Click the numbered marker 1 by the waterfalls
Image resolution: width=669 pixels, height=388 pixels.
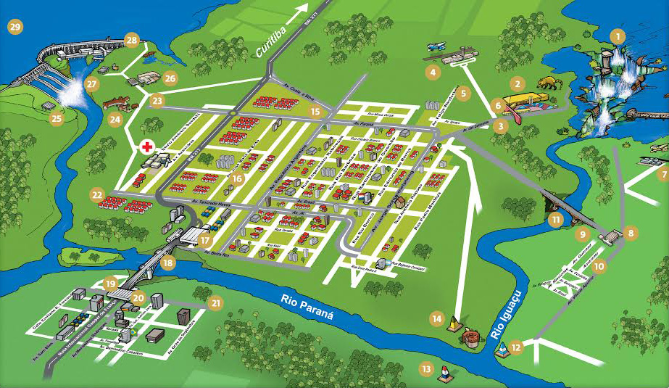617,36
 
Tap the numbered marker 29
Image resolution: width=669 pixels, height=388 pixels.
14,28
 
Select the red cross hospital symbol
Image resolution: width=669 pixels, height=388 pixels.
148,147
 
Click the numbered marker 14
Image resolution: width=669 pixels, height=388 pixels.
436,318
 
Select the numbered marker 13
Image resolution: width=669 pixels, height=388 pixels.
426,368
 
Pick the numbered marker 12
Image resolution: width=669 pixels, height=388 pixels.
515,347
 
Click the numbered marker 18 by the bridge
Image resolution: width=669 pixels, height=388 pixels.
168,263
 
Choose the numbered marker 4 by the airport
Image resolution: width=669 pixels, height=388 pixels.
433,72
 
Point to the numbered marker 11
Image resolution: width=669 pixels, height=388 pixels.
556,218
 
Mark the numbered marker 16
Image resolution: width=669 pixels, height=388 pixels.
237,178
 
